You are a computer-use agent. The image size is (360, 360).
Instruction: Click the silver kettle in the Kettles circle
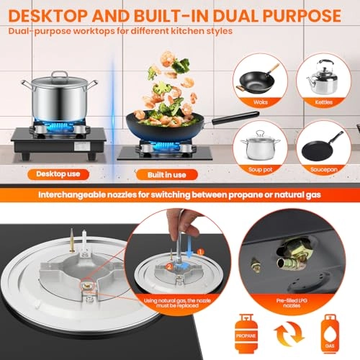tap(322, 74)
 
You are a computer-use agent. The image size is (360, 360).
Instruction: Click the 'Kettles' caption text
tap(323, 103)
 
